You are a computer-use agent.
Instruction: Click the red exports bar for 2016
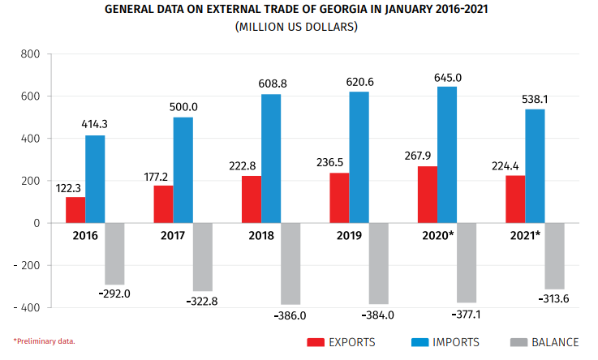coord(75,209)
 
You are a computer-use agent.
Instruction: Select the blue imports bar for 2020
coord(447,154)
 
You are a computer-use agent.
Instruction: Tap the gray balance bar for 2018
coord(290,264)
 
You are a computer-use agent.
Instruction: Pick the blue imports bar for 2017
coord(183,169)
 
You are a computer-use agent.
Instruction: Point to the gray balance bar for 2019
coord(379,264)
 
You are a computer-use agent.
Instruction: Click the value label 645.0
coord(448,78)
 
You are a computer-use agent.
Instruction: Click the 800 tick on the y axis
coord(29,54)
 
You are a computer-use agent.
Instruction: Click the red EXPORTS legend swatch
coord(315,342)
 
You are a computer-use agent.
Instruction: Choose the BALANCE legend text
coord(556,342)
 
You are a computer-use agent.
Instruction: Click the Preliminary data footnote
coord(45,341)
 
